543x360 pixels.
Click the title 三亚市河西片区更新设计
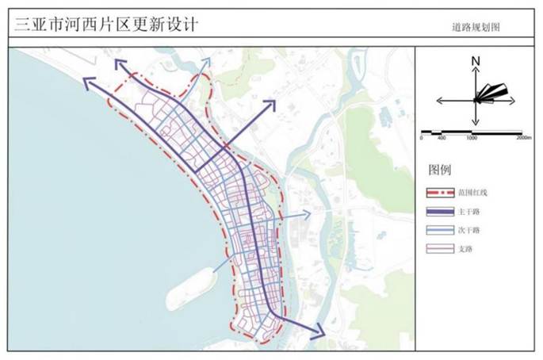106,25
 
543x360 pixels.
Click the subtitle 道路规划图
476,27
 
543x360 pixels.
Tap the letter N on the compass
476,61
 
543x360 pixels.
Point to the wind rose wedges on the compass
491,94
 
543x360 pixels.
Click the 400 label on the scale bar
442,138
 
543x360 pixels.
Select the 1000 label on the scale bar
472,138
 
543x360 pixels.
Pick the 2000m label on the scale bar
524,138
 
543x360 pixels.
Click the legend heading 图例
440,170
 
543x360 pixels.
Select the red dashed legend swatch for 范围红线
440,193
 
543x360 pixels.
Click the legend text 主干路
469,212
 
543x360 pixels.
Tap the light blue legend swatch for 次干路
440,230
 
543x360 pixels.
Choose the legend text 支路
465,249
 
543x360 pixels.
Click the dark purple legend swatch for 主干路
440,212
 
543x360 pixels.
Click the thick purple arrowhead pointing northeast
270,105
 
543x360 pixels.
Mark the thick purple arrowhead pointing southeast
319,332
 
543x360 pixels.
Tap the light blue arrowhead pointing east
307,214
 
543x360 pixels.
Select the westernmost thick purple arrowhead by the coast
88,83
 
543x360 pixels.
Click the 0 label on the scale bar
422,138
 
